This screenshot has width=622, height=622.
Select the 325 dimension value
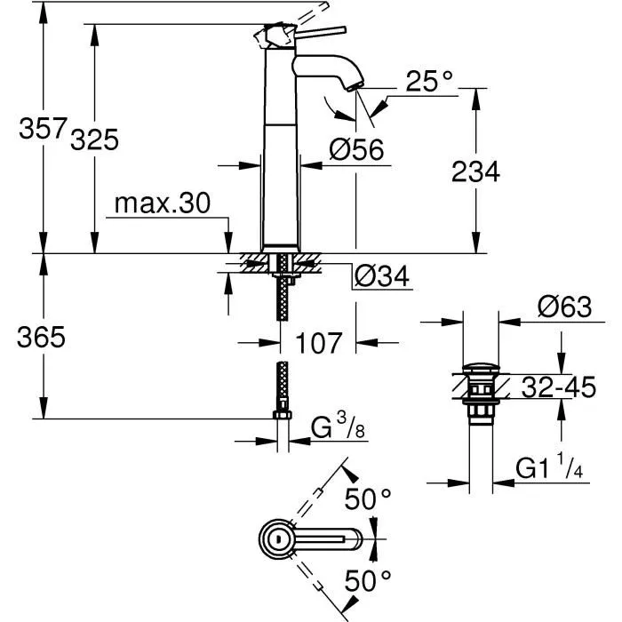tap(93, 140)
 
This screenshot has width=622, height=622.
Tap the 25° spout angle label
tap(429, 82)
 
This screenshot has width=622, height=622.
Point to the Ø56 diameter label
tap(355, 150)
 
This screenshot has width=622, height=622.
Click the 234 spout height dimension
tap(474, 171)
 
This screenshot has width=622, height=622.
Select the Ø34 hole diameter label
tap(381, 277)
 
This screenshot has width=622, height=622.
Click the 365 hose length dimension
tap(39, 337)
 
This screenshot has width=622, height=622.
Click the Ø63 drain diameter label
tap(564, 307)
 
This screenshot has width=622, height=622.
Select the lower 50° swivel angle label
tap(368, 582)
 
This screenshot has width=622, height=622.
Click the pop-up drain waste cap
tap(482, 368)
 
